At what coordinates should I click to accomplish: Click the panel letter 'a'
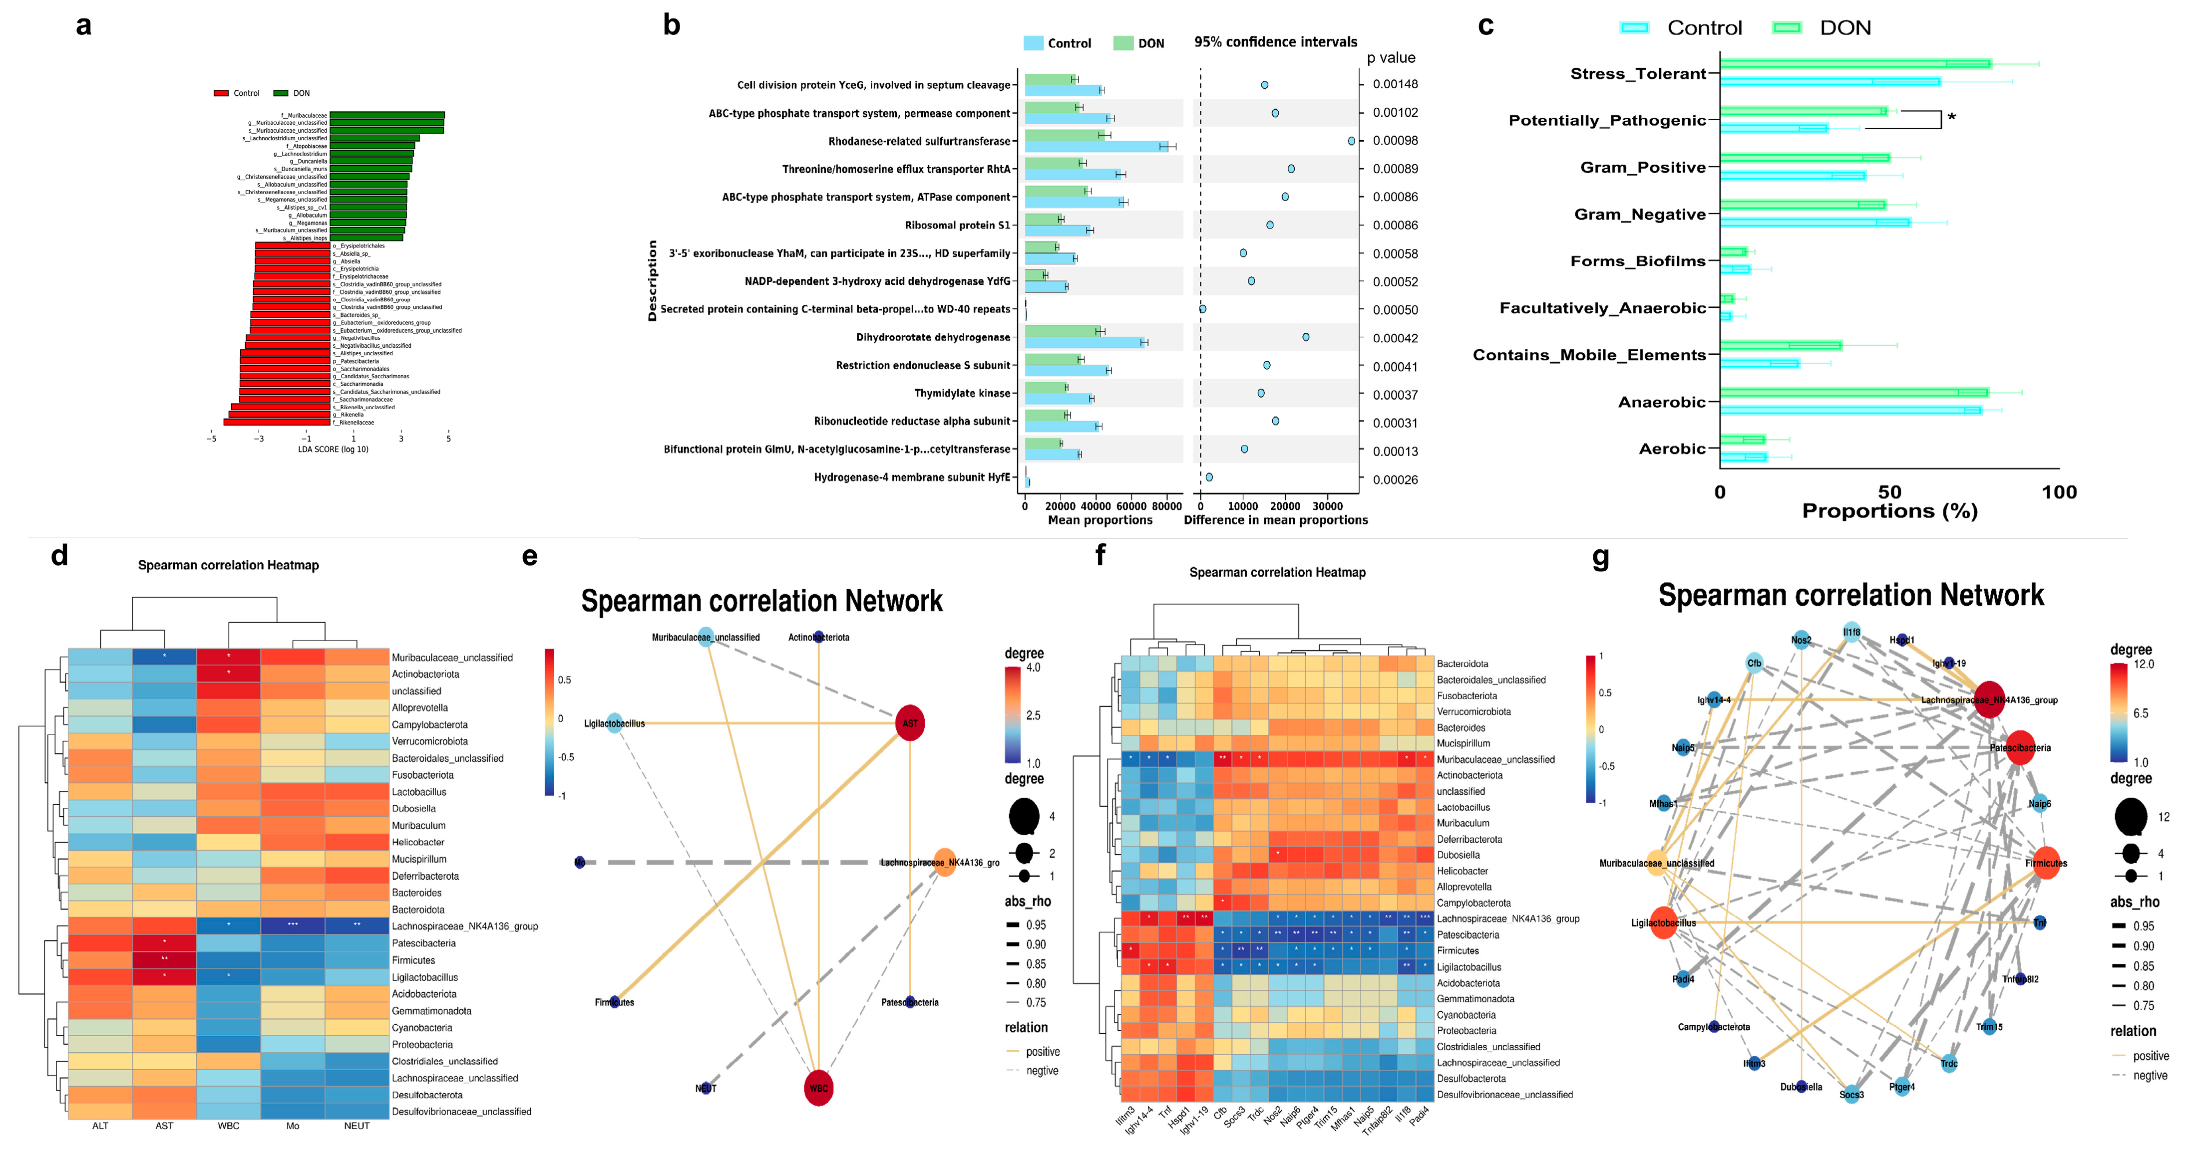83,25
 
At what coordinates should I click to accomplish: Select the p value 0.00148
1395,84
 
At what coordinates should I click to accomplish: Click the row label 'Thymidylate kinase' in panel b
962,394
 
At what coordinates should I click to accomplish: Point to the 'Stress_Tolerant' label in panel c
1637,74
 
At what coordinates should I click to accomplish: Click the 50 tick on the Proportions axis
1889,492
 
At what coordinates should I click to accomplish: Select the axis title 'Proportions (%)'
1889,511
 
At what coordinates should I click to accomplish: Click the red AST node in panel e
910,723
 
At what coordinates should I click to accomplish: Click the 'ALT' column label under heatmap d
100,1126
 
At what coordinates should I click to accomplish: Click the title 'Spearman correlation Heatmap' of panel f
1277,573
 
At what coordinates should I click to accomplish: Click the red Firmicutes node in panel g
2046,863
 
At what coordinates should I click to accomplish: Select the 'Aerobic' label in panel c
1671,449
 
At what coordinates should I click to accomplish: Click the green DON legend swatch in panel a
281,93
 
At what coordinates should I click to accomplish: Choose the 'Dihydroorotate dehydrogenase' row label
933,337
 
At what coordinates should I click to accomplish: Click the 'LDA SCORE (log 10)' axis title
333,450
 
